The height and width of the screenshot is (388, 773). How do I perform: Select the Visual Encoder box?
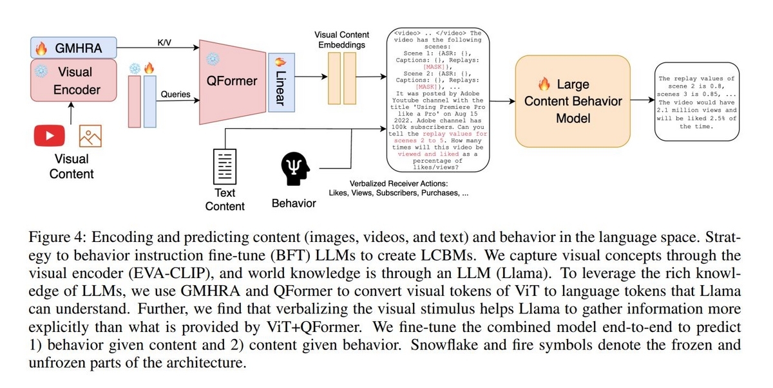tap(75, 80)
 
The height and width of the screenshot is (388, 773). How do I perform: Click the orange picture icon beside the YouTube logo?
tap(90, 136)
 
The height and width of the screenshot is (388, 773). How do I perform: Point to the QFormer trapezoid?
tap(232, 81)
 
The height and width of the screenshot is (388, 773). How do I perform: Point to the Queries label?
tap(175, 95)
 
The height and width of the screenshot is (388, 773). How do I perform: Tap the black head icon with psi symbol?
tap(294, 169)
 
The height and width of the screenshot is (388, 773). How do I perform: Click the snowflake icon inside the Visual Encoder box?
tap(41, 72)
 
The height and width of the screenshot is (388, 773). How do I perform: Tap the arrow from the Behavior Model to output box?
tap(641, 101)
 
